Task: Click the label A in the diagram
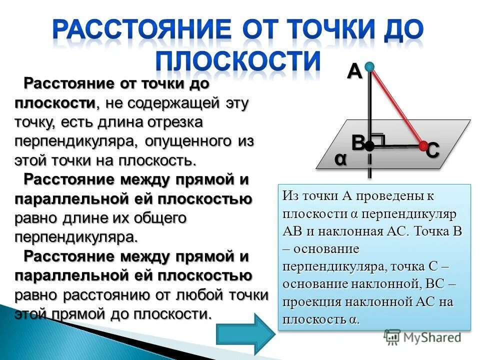click(354, 72)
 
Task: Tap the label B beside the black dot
click(357, 143)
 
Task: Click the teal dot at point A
click(369, 66)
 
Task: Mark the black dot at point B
click(369, 146)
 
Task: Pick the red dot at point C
click(423, 145)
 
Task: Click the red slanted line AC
click(396, 105)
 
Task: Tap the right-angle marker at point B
click(378, 139)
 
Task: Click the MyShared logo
click(422, 337)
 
